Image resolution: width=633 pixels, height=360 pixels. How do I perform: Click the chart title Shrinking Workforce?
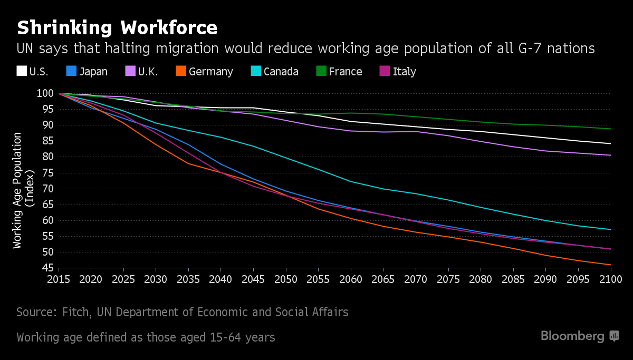pyautogui.click(x=117, y=27)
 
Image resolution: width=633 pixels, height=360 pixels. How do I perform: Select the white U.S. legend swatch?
pyautogui.click(x=22, y=71)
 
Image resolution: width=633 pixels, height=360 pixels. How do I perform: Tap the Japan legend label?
pyautogui.click(x=93, y=72)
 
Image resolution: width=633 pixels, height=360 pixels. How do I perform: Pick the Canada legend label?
pyautogui.click(x=281, y=72)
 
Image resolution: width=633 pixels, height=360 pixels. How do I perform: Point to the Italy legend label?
pyautogui.click(x=405, y=72)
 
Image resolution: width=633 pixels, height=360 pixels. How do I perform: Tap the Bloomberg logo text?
pyautogui.click(x=572, y=336)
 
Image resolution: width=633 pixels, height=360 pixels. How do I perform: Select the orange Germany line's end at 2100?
pyautogui.click(x=610, y=265)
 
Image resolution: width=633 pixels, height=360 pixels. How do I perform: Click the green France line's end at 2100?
pyautogui.click(x=610, y=129)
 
